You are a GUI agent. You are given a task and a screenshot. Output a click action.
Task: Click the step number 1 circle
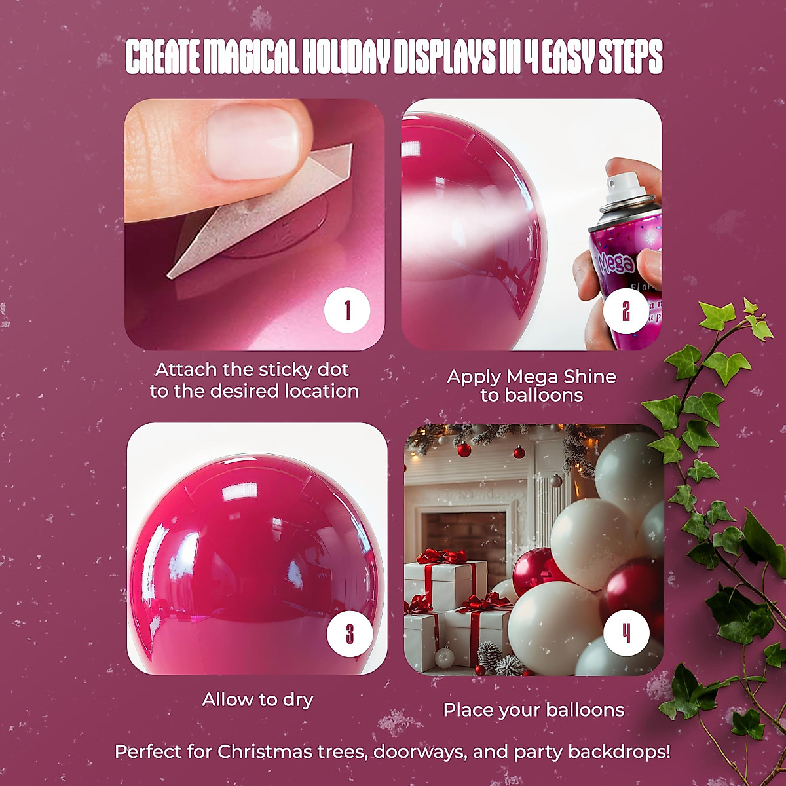click(x=347, y=310)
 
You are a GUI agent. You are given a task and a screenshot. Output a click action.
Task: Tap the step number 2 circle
click(x=626, y=310)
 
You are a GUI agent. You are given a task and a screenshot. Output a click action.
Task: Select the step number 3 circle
click(x=349, y=633)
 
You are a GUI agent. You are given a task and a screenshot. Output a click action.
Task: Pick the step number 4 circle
click(x=626, y=633)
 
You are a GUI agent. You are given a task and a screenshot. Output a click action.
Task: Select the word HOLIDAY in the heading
click(x=346, y=58)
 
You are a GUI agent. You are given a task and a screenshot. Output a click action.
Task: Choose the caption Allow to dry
click(x=257, y=700)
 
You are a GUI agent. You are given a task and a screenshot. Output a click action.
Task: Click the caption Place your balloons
click(x=534, y=710)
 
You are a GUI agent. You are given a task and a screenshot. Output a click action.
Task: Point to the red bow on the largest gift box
click(x=443, y=556)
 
